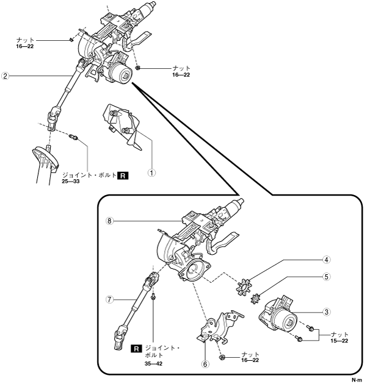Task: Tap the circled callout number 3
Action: (327, 311)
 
